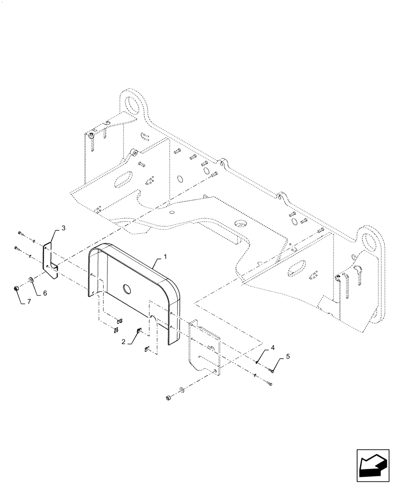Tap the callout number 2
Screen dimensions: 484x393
point(124,342)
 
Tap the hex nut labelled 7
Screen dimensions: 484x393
point(16,289)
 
